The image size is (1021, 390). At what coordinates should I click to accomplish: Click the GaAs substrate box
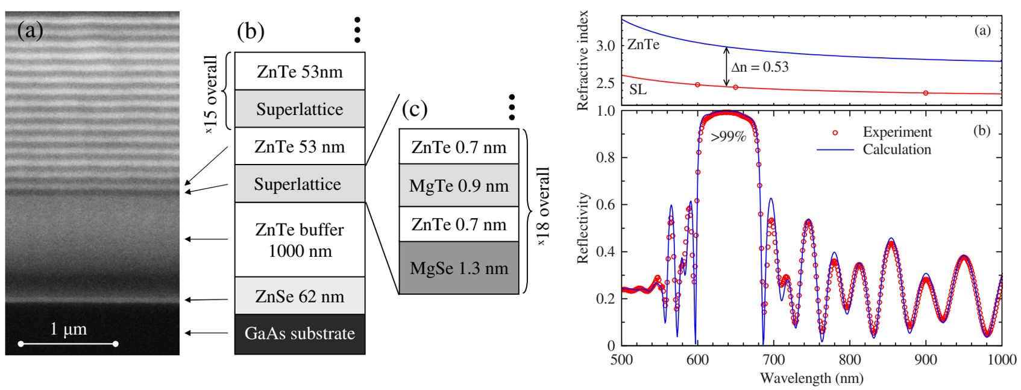pyautogui.click(x=300, y=334)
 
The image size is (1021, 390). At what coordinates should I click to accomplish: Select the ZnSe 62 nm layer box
pyautogui.click(x=300, y=296)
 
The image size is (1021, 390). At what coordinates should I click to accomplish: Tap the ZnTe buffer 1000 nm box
pyautogui.click(x=300, y=240)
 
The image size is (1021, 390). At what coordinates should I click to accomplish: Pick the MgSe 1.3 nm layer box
pyautogui.click(x=459, y=268)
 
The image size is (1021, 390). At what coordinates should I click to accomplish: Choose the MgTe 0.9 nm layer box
pyautogui.click(x=459, y=186)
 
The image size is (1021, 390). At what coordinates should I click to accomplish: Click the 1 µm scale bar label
pyautogui.click(x=68, y=329)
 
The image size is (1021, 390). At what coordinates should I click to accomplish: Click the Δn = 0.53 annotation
pyautogui.click(x=760, y=67)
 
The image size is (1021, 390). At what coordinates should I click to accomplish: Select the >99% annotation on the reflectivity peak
pyautogui.click(x=728, y=137)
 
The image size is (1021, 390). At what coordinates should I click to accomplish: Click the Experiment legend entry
pyautogui.click(x=896, y=132)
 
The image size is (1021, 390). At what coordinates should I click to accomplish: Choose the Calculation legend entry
pyautogui.click(x=896, y=149)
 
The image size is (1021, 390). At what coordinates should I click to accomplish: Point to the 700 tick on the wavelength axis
pyautogui.click(x=773, y=360)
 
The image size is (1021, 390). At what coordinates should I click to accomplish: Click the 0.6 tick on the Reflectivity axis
pyautogui.click(x=605, y=205)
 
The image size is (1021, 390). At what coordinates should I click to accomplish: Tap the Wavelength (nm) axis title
pyautogui.click(x=811, y=379)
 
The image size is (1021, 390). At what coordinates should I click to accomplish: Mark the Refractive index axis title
pyautogui.click(x=583, y=60)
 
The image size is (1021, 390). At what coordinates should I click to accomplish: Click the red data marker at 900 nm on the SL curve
pyautogui.click(x=926, y=93)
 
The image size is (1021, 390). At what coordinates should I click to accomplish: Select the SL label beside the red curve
pyautogui.click(x=638, y=90)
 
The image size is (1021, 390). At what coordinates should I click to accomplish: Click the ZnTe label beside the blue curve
pyautogui.click(x=643, y=45)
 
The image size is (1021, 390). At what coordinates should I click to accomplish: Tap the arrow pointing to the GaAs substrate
pyautogui.click(x=206, y=333)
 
